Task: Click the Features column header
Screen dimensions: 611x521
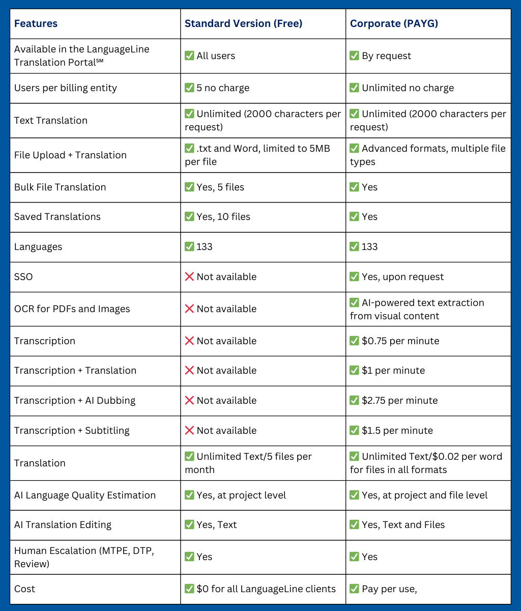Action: (x=36, y=23)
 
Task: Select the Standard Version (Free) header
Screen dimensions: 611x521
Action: (x=243, y=23)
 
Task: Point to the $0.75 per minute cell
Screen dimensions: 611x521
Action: (x=400, y=341)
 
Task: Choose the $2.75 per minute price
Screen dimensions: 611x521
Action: (x=399, y=400)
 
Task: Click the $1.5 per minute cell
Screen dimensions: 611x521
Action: (x=397, y=430)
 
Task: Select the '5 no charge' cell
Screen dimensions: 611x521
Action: (x=223, y=88)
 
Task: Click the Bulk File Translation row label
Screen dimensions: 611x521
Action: (x=60, y=187)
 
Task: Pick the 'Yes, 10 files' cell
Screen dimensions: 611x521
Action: (x=223, y=216)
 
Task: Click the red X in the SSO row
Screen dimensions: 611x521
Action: (x=189, y=276)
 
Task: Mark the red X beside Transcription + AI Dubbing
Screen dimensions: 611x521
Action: (x=189, y=400)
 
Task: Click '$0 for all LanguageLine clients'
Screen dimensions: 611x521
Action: (x=266, y=589)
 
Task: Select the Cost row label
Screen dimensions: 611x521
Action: (x=24, y=589)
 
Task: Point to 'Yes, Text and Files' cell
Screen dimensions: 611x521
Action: (x=403, y=524)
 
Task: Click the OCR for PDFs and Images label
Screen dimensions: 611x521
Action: (x=72, y=309)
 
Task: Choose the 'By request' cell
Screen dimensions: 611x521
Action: (x=386, y=55)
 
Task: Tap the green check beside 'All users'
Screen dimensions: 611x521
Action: (x=189, y=55)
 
